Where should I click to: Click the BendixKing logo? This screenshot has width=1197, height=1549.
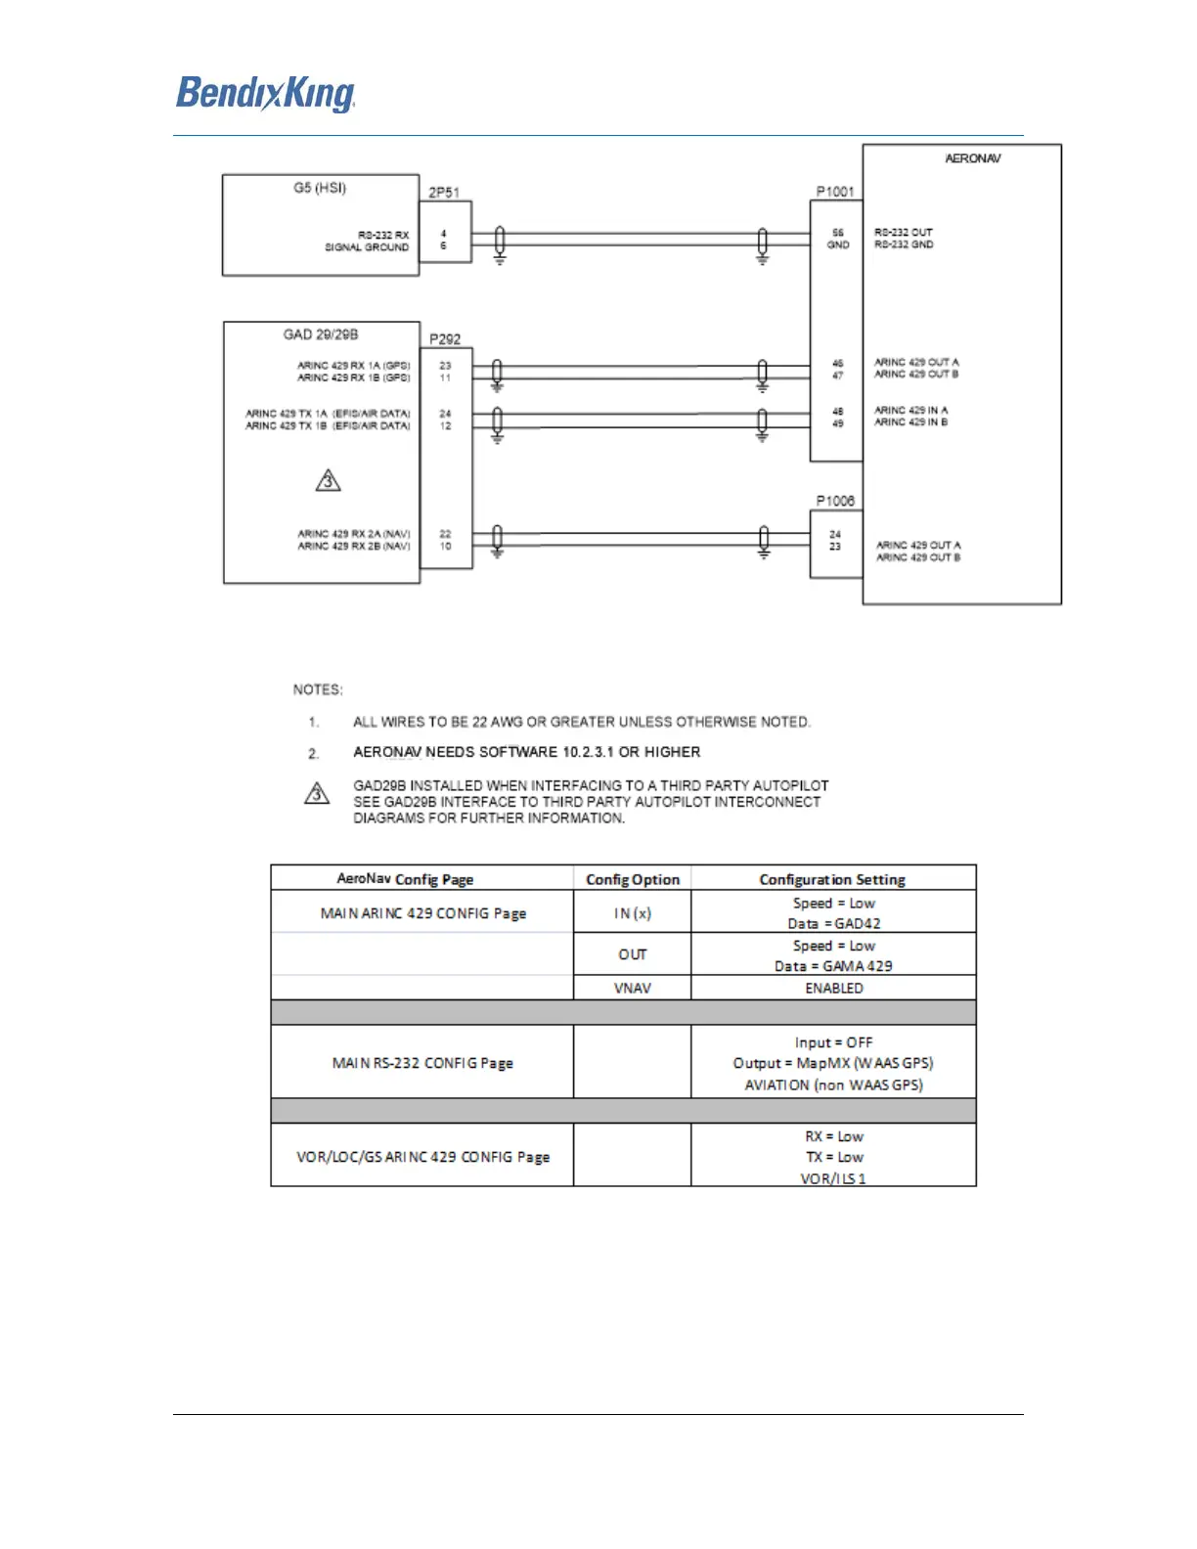[x=265, y=94]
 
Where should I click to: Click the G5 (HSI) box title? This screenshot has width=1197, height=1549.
[x=320, y=188]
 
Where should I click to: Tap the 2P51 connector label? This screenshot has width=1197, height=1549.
[x=444, y=193]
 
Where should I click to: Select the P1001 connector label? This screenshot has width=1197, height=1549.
[x=835, y=192]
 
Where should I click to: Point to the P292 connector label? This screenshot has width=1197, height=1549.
[x=445, y=339]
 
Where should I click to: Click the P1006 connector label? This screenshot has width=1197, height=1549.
[x=835, y=501]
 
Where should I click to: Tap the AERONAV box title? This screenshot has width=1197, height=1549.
[x=972, y=158]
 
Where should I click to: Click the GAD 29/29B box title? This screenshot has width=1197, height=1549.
[x=321, y=334]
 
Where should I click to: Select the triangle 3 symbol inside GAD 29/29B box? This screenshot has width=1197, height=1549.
[x=329, y=480]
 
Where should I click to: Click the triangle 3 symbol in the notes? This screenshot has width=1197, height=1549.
[x=317, y=793]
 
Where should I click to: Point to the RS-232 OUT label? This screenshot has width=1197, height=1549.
[x=904, y=233]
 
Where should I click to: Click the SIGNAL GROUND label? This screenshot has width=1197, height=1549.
[x=367, y=247]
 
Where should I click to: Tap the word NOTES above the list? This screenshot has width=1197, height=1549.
[x=318, y=689]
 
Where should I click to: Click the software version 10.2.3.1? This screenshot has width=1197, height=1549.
[x=588, y=752]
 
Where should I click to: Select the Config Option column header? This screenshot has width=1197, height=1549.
[x=633, y=879]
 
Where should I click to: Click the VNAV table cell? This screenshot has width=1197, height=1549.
[x=633, y=988]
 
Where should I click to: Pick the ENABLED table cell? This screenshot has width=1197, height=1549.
[x=833, y=988]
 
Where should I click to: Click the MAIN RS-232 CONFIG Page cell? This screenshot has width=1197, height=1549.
[x=422, y=1063]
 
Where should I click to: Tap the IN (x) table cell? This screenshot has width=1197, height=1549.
[x=633, y=913]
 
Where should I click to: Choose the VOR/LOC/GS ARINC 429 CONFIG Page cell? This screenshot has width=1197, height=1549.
[x=422, y=1157]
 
